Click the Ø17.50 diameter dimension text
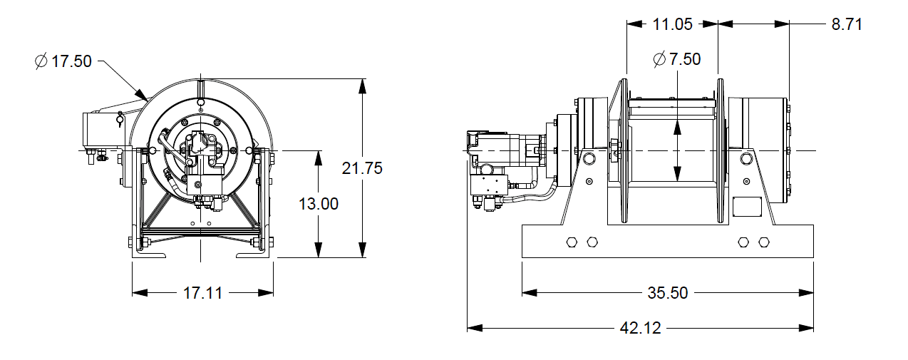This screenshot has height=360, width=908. (63, 61)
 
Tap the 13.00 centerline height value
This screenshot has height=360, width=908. (318, 203)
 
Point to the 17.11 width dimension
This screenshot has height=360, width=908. (202, 292)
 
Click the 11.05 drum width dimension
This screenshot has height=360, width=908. (672, 24)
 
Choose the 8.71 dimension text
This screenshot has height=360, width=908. (847, 24)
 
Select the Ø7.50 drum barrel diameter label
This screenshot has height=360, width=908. (677, 59)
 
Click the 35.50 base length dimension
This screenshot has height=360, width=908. (668, 292)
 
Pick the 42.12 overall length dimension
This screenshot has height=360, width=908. (640, 328)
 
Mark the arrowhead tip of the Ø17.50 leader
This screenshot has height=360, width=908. (146, 99)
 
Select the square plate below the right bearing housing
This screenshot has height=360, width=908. (746, 208)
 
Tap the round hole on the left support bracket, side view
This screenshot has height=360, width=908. (588, 158)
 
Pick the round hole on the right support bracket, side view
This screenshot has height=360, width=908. (746, 158)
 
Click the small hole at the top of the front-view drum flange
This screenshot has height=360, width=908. (201, 103)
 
